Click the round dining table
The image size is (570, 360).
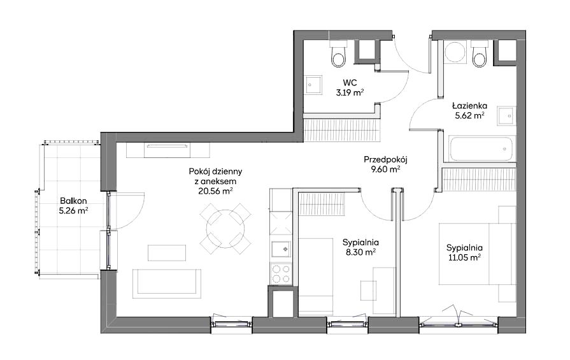pyautogui.click(x=225, y=229)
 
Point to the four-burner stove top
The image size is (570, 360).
pyautogui.click(x=281, y=274)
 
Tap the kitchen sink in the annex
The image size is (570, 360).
pyautogui.click(x=281, y=250)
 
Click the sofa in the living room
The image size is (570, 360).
pyautogui.click(x=167, y=284)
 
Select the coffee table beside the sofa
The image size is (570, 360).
pyautogui.click(x=167, y=253)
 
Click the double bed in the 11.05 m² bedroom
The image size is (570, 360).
pyautogui.click(x=477, y=254)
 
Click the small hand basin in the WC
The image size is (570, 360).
pyautogui.click(x=313, y=85)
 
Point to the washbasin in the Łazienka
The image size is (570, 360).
pyautogui.click(x=506, y=116)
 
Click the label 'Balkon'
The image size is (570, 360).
pyautogui.click(x=73, y=201)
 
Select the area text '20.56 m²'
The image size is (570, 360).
pyautogui.click(x=215, y=191)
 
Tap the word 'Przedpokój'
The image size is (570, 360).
pyautogui.click(x=386, y=159)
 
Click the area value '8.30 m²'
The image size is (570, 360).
pyautogui.click(x=359, y=252)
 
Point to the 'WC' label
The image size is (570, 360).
pyautogui.click(x=350, y=82)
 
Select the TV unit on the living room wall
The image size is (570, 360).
pyautogui.click(x=167, y=150)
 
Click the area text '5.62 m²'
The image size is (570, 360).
pyautogui.click(x=469, y=115)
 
